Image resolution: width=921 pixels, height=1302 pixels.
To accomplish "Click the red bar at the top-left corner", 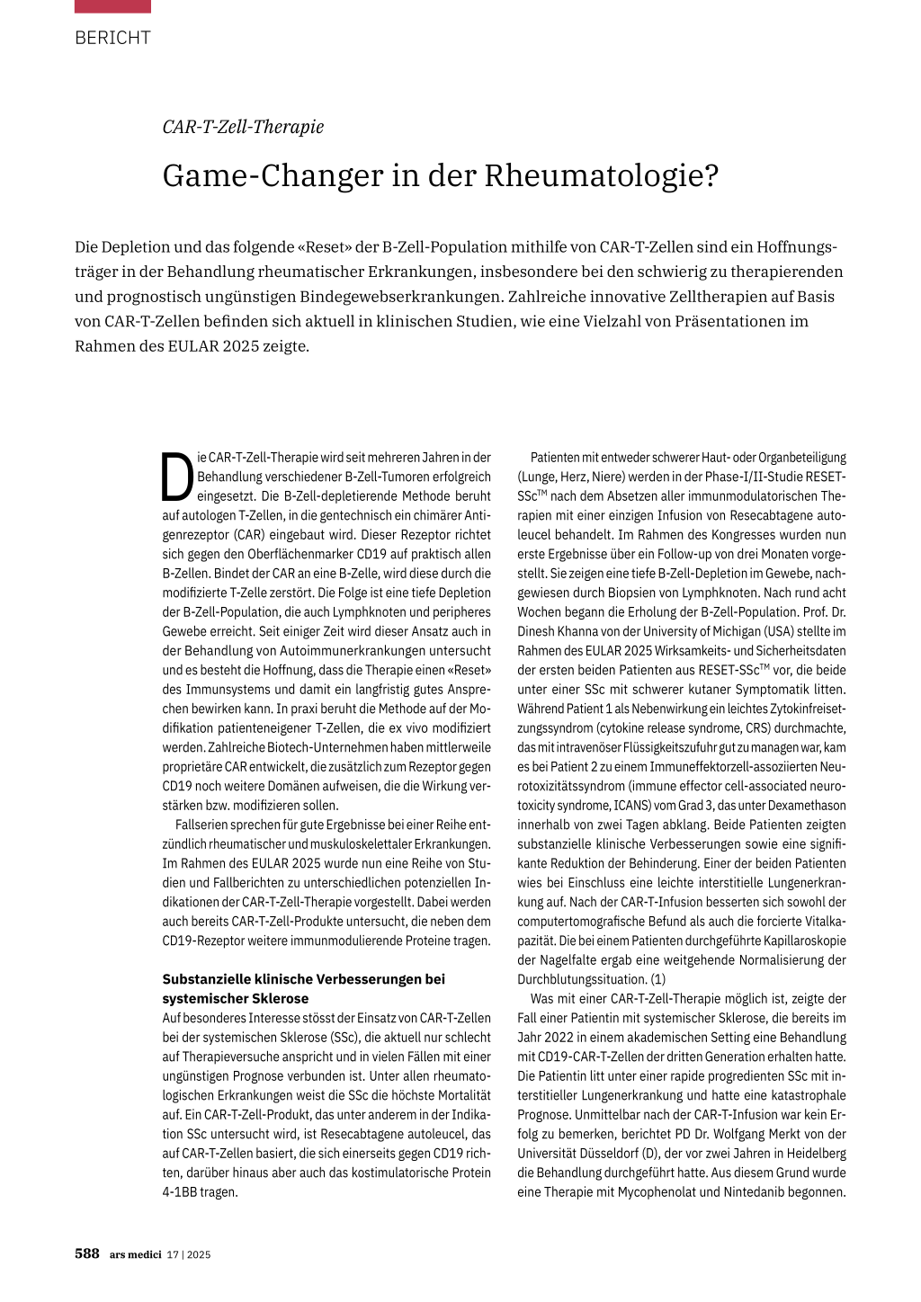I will (112, 6).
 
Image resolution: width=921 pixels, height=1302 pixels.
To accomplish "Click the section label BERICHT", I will (112, 38).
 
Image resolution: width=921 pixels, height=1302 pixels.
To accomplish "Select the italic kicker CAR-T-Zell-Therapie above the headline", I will (243, 127).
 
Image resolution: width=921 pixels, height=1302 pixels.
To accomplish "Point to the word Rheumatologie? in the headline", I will (602, 175).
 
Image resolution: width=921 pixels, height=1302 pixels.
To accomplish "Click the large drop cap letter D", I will (177, 477).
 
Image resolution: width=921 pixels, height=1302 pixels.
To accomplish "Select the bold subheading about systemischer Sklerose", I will (303, 988).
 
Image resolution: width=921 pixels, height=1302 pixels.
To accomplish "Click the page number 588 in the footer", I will (87, 1253).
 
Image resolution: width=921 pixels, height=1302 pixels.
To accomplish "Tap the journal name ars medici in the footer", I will (136, 1254).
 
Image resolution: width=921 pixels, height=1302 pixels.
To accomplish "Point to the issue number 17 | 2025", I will (189, 1254).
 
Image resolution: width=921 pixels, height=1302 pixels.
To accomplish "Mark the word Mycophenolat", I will (661, 1192).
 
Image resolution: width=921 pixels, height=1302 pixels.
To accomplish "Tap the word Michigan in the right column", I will (736, 631).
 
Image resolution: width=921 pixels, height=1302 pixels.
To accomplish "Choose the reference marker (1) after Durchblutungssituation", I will (658, 979).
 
